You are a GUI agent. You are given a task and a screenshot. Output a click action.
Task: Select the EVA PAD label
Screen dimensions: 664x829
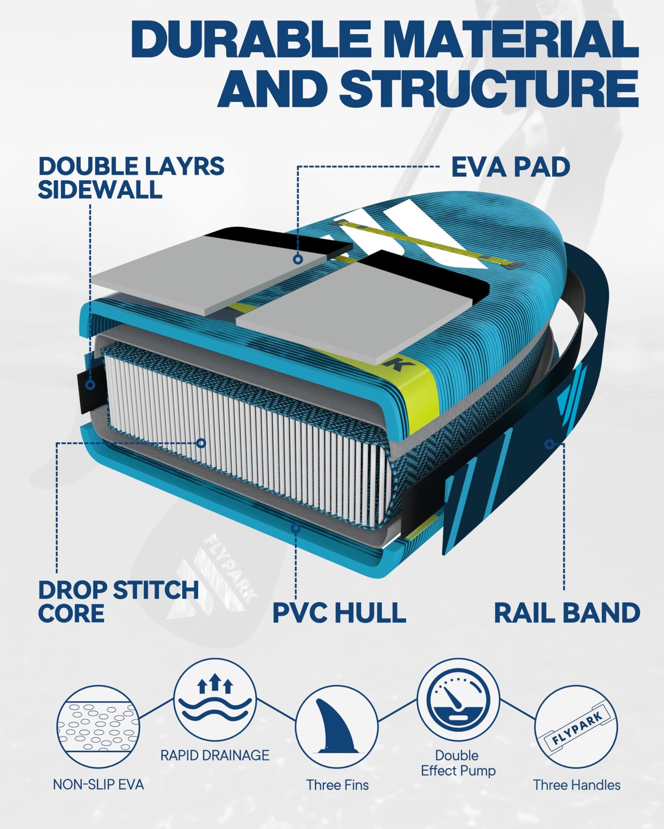(x=511, y=167)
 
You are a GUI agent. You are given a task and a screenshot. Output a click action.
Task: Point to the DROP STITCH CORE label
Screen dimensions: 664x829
(x=118, y=601)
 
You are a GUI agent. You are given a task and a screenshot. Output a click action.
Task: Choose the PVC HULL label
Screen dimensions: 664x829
(x=339, y=612)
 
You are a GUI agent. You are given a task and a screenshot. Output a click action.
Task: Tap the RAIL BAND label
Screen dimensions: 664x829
(x=567, y=613)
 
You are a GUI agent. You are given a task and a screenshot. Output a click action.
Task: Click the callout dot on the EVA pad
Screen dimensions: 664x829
(x=298, y=259)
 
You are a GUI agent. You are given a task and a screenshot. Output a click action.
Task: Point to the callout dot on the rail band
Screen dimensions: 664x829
(x=549, y=444)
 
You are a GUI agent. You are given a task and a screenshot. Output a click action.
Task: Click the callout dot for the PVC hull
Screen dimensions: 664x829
(x=296, y=528)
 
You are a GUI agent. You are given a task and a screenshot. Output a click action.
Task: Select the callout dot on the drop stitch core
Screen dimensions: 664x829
(x=201, y=443)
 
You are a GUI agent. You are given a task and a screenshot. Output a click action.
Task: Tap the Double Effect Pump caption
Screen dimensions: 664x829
(x=458, y=763)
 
